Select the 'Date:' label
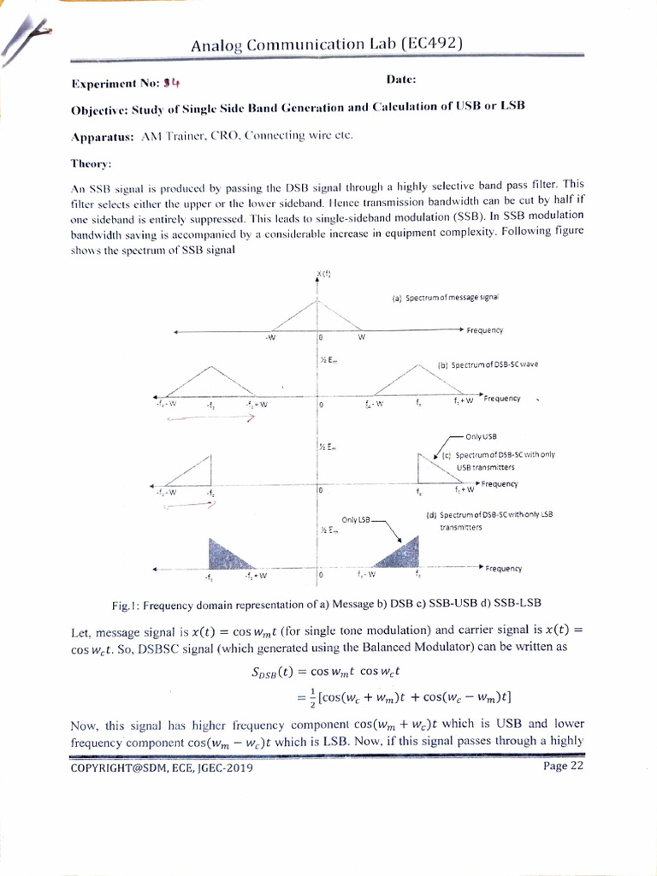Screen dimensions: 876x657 click(x=401, y=80)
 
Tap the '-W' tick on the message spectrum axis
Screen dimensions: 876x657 click(x=270, y=337)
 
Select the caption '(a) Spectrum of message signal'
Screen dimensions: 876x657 click(x=445, y=298)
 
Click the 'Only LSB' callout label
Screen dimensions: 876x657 click(x=356, y=519)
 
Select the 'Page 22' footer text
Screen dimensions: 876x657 click(x=563, y=766)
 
